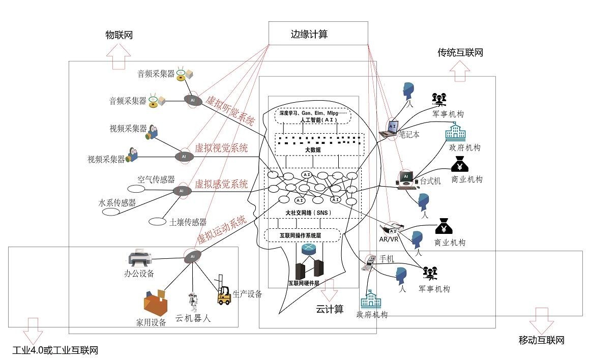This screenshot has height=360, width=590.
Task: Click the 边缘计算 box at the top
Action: [317, 34]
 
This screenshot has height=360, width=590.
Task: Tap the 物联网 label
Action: [119, 35]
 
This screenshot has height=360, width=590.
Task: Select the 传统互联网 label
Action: [460, 52]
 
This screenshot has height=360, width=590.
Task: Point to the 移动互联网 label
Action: [541, 340]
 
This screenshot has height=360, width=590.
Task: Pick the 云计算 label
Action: [330, 309]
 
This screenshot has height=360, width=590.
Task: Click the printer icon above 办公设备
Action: [139, 259]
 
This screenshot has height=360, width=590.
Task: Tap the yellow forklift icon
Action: [224, 294]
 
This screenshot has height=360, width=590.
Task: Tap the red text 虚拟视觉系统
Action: [221, 148]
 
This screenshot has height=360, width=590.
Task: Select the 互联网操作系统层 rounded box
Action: [302, 235]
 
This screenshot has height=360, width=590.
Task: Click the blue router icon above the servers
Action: [308, 249]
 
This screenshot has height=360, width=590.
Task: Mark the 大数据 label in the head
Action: [313, 150]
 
